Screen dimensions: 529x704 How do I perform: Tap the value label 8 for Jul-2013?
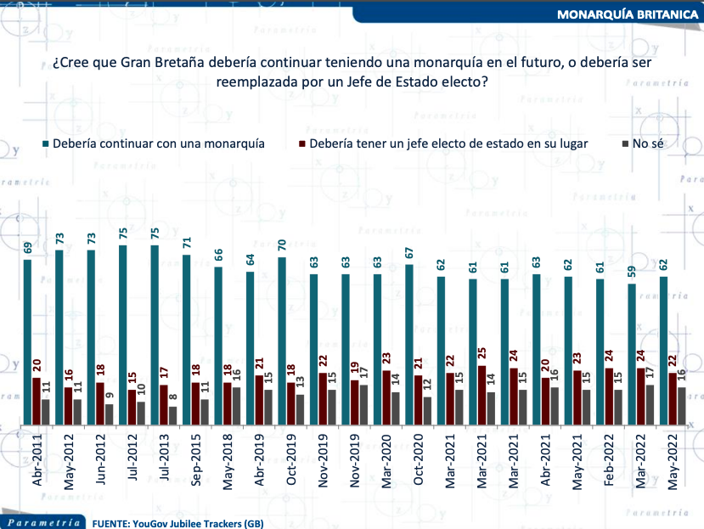pos(173,397)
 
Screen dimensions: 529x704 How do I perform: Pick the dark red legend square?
pos(302,144)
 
